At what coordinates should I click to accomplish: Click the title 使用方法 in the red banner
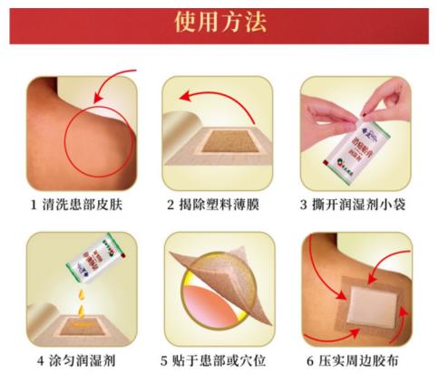[x=219, y=23]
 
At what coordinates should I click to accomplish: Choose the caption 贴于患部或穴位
[x=226, y=359]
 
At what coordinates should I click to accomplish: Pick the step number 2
[x=170, y=204]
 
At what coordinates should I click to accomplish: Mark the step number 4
[x=41, y=359]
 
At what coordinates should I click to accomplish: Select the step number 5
[x=163, y=359]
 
